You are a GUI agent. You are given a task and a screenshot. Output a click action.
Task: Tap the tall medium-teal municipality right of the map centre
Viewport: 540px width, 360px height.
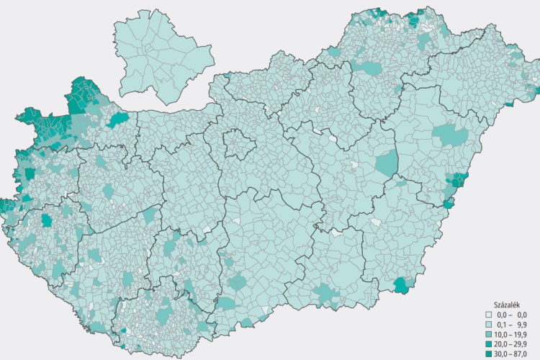tap(387, 163)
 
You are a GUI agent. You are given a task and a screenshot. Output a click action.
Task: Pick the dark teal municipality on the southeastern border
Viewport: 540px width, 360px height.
tap(402, 284)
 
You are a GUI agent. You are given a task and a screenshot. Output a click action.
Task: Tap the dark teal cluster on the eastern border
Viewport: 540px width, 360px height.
tap(455, 183)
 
